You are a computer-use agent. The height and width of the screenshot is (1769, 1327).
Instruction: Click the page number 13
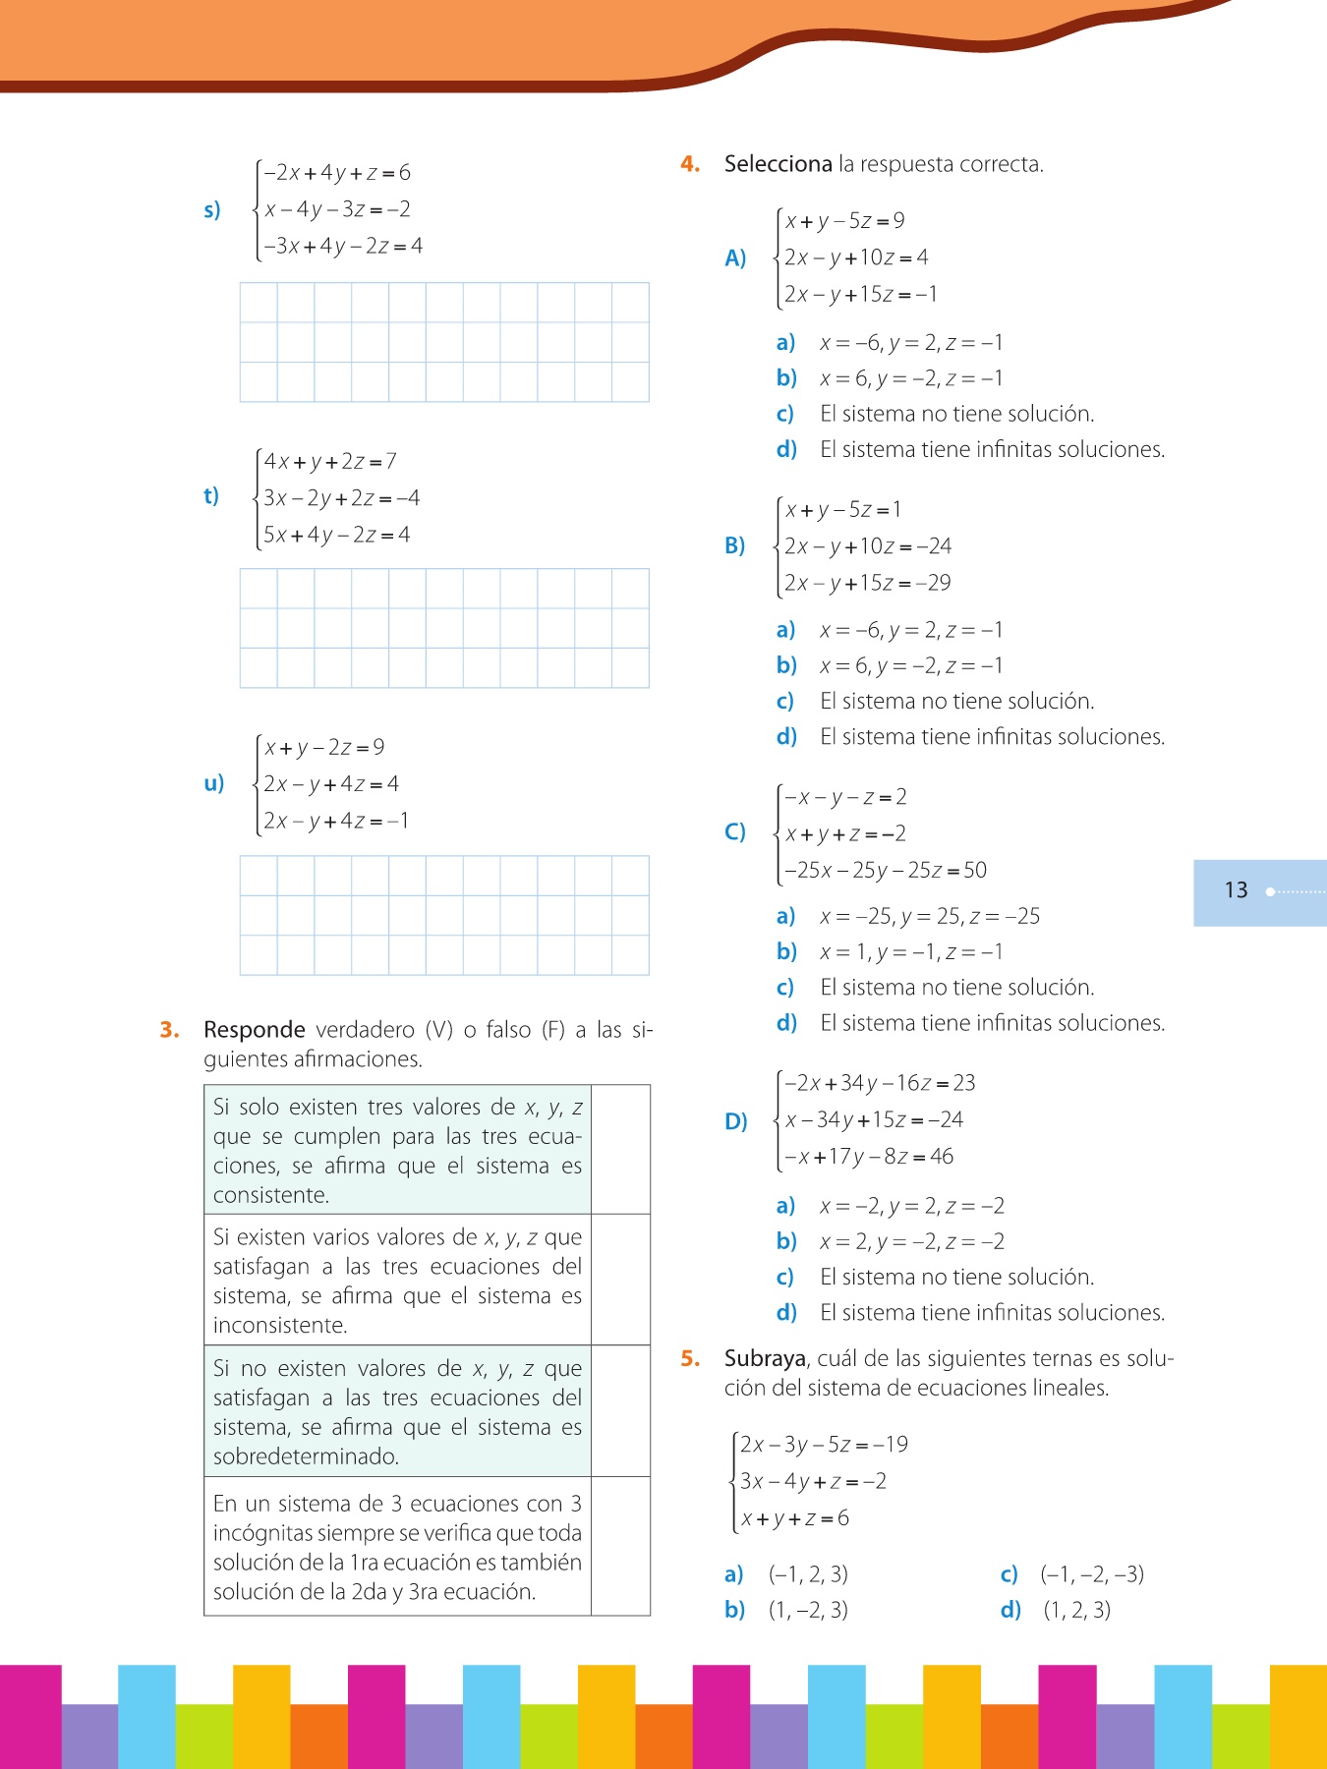pyautogui.click(x=1236, y=890)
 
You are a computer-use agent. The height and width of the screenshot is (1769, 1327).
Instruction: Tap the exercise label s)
pyautogui.click(x=212, y=209)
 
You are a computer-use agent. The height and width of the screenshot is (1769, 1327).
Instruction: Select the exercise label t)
pyautogui.click(x=211, y=495)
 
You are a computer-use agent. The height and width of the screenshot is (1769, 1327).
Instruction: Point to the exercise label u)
pyautogui.click(x=213, y=783)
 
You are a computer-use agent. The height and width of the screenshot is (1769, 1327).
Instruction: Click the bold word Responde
pyautogui.click(x=255, y=1030)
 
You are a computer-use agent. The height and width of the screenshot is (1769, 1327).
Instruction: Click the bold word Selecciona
pyautogui.click(x=778, y=164)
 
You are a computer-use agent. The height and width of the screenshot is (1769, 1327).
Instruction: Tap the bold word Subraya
pyautogui.click(x=765, y=1358)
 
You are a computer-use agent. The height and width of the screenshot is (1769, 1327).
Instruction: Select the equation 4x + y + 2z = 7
pyautogui.click(x=330, y=461)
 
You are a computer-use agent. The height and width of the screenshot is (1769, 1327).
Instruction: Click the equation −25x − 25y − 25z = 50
pyautogui.click(x=886, y=870)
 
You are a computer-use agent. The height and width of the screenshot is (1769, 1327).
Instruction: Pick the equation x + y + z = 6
pyautogui.click(x=795, y=1518)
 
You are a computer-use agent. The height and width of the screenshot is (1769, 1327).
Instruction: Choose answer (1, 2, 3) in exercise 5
pyautogui.click(x=1077, y=1610)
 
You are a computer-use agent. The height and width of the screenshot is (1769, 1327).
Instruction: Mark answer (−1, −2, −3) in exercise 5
pyautogui.click(x=1092, y=1574)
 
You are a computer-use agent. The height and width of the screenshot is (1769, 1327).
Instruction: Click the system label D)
pyautogui.click(x=735, y=1120)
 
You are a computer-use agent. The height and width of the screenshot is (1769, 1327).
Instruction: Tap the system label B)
pyautogui.click(x=735, y=545)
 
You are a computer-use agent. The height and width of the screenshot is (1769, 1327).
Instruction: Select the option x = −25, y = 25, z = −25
pyautogui.click(x=930, y=916)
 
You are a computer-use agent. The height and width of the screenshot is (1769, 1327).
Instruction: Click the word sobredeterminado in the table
pyautogui.click(x=306, y=1456)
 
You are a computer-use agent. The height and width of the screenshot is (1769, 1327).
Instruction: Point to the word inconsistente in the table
pyautogui.click(x=280, y=1325)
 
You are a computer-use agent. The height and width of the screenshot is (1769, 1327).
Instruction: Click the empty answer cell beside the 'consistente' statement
pyautogui.click(x=620, y=1149)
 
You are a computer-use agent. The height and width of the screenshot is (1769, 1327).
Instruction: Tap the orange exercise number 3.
pyautogui.click(x=169, y=1030)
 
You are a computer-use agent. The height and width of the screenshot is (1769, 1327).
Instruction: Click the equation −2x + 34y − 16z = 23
pyautogui.click(x=880, y=1083)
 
